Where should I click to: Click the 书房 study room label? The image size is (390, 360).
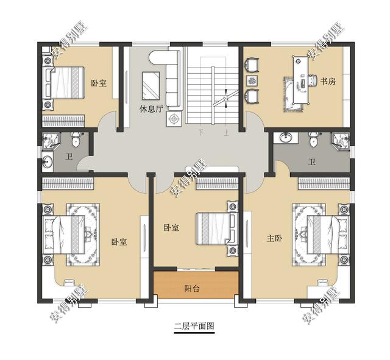328,81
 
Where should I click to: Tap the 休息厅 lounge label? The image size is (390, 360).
151,109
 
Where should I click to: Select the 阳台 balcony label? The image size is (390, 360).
192,288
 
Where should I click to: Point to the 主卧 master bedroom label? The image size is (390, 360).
274,238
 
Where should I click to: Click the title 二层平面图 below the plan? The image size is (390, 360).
194,326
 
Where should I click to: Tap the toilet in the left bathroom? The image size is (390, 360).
76,139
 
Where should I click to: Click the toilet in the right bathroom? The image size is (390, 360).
313,139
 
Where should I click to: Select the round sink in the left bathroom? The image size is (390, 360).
47,161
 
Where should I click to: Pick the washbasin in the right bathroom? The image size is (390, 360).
286,137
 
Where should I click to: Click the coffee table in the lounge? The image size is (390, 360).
151,85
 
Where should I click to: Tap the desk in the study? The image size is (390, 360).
301,80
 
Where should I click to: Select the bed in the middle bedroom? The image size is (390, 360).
217,228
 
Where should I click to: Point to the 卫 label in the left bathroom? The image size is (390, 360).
69,157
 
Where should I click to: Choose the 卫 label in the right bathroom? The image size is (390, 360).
312,163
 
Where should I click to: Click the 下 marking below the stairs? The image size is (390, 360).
201,132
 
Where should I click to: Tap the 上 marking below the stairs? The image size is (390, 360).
226,133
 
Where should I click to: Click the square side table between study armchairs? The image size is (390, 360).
252,80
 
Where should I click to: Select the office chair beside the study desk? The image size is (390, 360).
313,80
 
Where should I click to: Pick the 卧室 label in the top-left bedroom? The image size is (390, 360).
99,83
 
